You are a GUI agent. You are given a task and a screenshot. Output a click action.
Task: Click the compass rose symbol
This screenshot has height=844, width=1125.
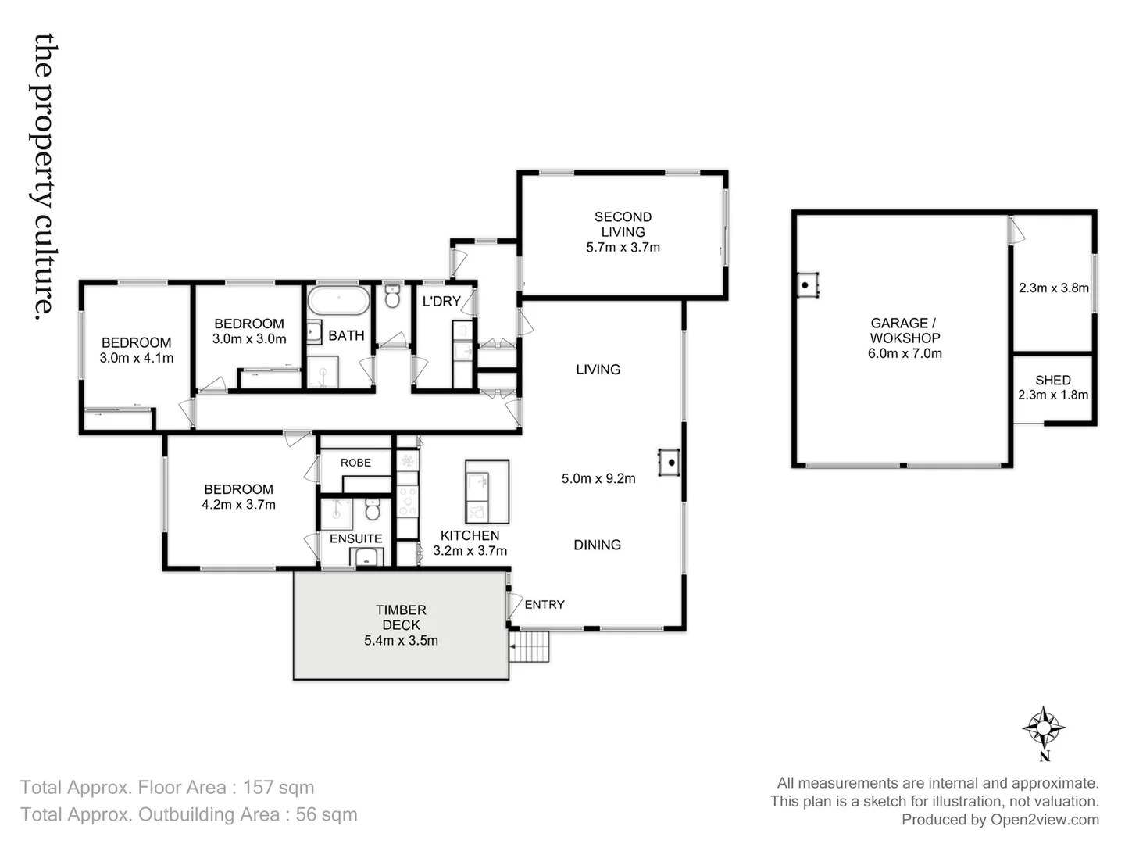coord(1044,728)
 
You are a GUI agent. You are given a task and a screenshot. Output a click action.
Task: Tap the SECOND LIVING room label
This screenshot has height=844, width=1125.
coord(623,224)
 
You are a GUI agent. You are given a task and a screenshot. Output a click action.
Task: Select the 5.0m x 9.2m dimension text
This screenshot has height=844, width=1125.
coord(598,478)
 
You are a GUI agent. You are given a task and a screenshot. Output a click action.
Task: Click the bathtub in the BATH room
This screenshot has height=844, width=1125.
coord(338,300)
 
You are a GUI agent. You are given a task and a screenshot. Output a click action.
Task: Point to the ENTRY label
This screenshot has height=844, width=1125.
coord(545,604)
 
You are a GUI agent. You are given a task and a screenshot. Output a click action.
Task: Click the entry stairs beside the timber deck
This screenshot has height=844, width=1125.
coord(530,646)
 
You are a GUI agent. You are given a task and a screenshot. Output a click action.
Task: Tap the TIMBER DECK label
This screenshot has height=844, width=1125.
coord(401,617)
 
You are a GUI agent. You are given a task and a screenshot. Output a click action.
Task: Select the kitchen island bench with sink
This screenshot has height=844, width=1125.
coord(487,492)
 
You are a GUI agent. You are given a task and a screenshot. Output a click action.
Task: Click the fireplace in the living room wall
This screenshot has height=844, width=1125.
coord(670,462)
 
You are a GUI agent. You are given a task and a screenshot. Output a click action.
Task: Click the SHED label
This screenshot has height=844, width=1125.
coord(1052,380)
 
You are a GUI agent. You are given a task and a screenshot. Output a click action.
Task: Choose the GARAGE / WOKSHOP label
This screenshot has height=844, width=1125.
coord(904,331)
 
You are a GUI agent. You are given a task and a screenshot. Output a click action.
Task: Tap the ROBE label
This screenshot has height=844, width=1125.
coord(355,463)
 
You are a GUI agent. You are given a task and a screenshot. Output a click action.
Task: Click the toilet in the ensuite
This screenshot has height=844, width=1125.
coord(373,510)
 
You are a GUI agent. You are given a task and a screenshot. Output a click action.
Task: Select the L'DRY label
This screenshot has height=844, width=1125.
coord(441,301)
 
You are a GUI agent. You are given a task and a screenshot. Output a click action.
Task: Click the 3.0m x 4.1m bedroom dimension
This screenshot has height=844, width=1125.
coord(137,358)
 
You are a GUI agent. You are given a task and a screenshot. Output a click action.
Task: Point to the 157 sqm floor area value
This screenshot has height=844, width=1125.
coord(278,788)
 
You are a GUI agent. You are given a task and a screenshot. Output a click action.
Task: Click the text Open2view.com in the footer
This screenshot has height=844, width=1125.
coord(1045,819)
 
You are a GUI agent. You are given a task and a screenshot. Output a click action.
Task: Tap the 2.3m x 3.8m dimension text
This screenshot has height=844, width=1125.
coord(1053,288)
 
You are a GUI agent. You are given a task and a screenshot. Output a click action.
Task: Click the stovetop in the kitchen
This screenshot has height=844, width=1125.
coord(407,501)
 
